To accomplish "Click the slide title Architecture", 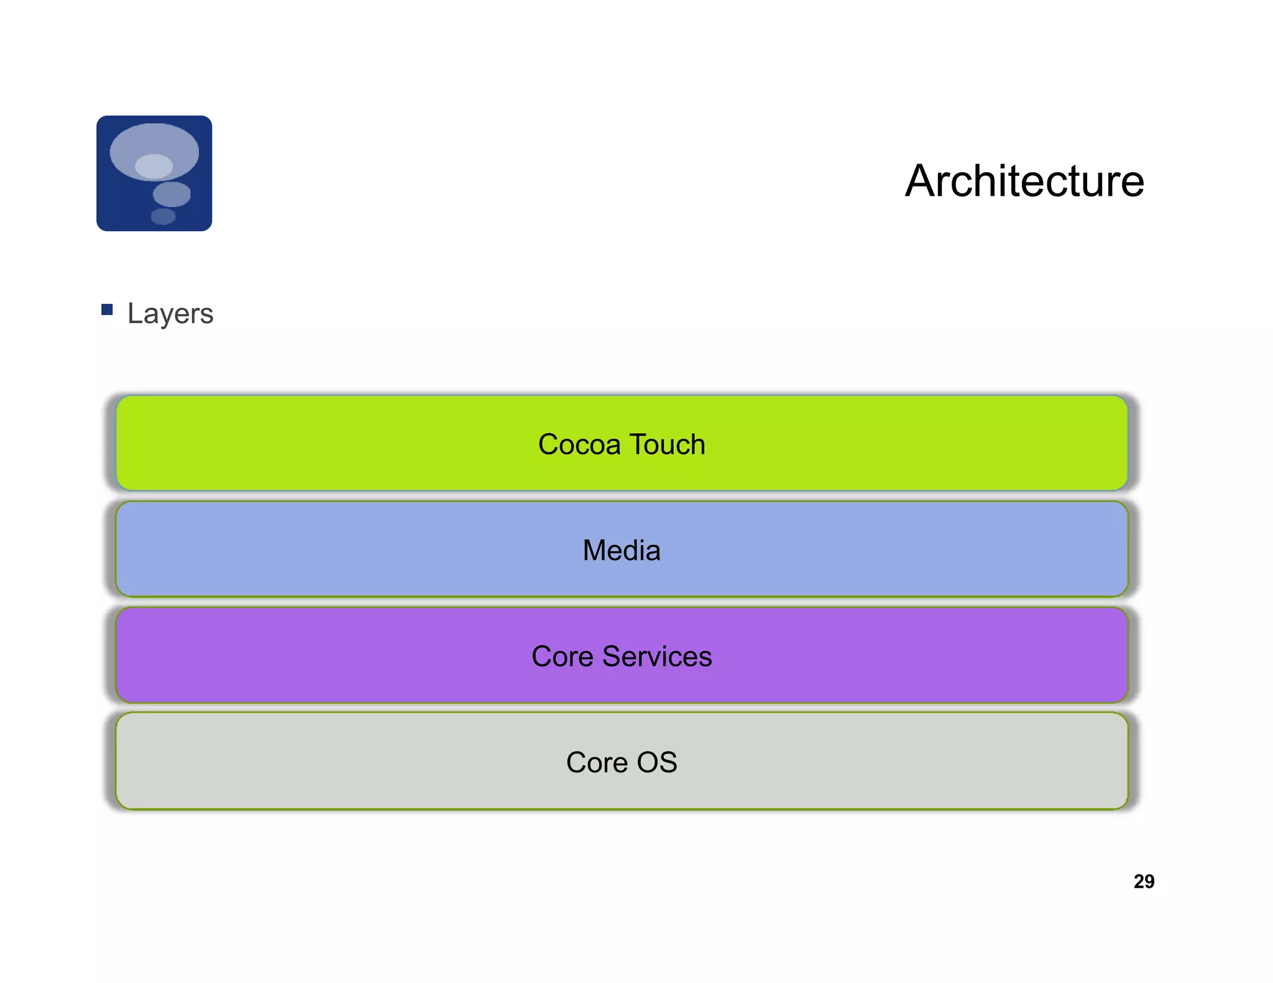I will coord(1024,181).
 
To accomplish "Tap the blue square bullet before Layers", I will coord(107,309).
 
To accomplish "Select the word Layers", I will coord(170,313).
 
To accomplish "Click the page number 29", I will coord(1144,881).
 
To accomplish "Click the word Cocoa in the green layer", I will coord(579,445).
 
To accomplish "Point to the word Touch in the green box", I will coord(668,445).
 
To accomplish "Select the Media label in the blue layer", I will coord(622,551).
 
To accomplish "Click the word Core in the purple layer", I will coord(563,657).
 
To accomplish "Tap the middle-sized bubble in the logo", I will coord(172,194).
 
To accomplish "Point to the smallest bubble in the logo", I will coord(163,216).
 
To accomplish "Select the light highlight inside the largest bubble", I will coord(154,166).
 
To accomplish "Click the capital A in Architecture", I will coord(920,181).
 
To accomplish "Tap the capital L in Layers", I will coord(135,313).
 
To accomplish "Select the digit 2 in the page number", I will coord(1139,881).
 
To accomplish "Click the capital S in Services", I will coord(612,657).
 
